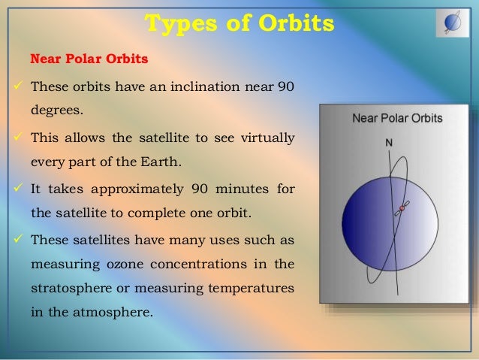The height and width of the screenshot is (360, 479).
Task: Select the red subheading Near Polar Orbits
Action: (x=78, y=59)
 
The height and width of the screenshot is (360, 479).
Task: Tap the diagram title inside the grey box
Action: (x=397, y=118)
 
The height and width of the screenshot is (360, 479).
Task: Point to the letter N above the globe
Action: (x=388, y=142)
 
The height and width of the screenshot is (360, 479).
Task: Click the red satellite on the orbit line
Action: (x=402, y=209)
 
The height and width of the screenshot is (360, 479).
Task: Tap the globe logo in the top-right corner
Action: (x=453, y=23)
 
